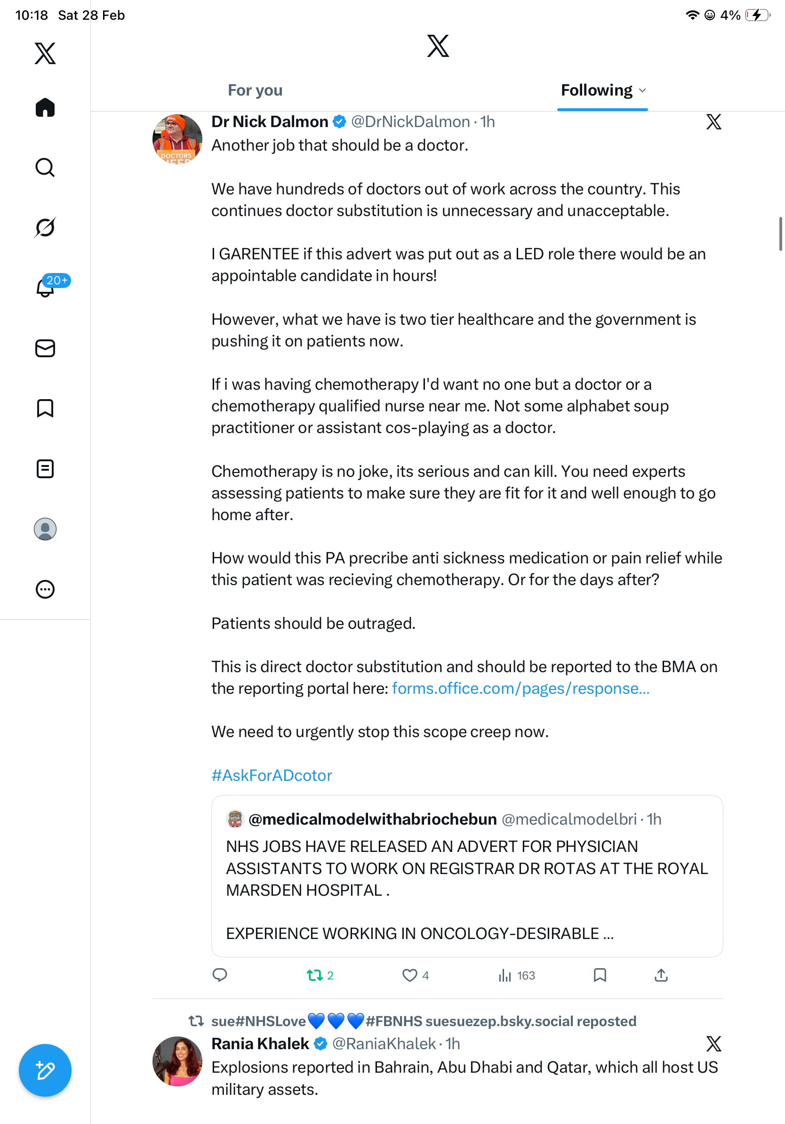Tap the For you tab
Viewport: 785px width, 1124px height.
point(255,90)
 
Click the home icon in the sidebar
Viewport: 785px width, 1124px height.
point(45,108)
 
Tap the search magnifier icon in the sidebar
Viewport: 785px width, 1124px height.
point(45,168)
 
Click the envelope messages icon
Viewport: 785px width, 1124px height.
point(45,349)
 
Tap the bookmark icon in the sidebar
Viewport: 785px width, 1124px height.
point(45,408)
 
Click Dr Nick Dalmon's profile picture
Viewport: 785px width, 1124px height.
point(177,139)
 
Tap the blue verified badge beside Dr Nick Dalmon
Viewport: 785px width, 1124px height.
point(340,121)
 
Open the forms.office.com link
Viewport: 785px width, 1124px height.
point(521,688)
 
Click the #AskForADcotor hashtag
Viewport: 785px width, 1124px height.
point(272,775)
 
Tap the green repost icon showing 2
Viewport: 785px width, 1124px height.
point(315,975)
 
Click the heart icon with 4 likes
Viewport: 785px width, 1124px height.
point(409,975)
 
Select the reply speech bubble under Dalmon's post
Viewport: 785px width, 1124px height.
point(220,975)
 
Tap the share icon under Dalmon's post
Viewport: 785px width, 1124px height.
point(661,975)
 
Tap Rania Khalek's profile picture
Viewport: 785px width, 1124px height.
point(177,1061)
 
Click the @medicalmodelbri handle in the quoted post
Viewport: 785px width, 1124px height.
point(569,819)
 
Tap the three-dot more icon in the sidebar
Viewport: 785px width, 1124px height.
point(45,589)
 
